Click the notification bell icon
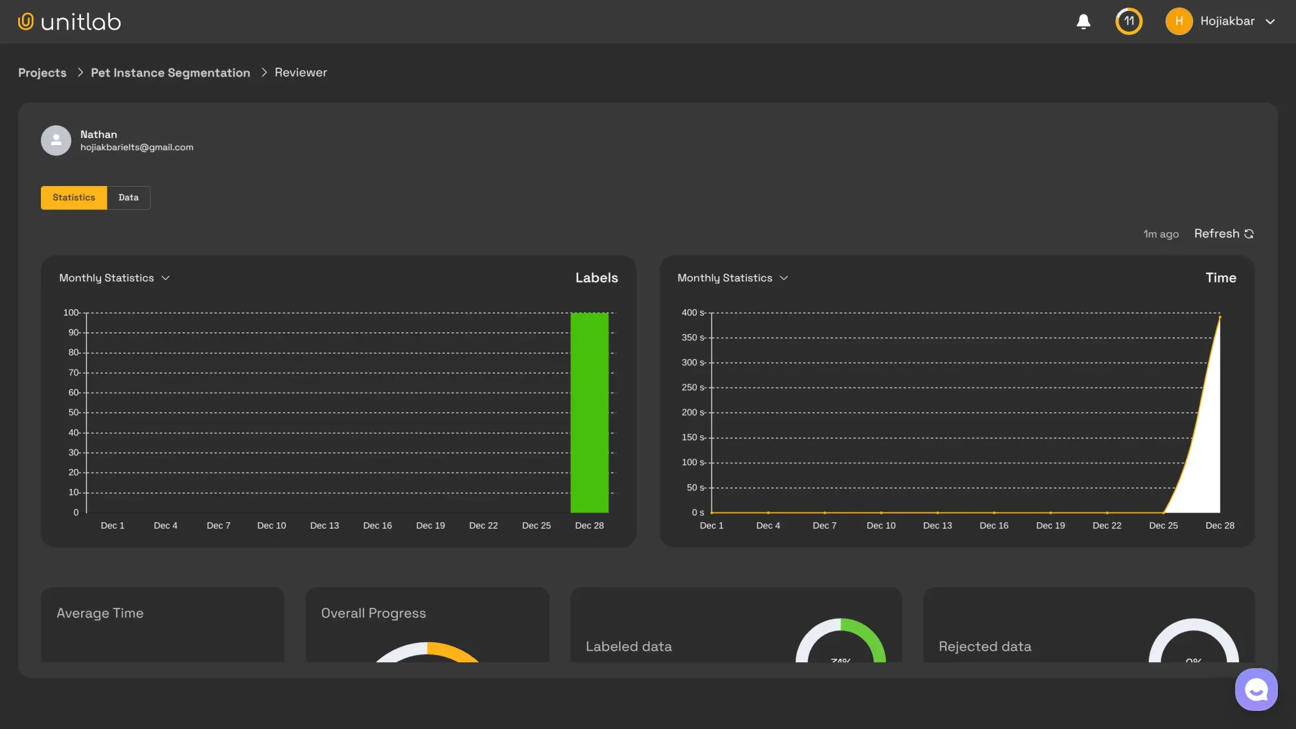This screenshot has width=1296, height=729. pyautogui.click(x=1083, y=21)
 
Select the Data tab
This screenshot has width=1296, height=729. pyautogui.click(x=128, y=198)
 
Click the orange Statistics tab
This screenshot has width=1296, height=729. pyautogui.click(x=74, y=198)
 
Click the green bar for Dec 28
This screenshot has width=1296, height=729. pyautogui.click(x=589, y=413)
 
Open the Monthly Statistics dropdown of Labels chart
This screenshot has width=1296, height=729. pyautogui.click(x=115, y=278)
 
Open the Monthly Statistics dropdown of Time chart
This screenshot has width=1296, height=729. pyautogui.click(x=733, y=278)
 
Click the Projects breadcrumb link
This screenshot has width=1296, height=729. pyautogui.click(x=42, y=73)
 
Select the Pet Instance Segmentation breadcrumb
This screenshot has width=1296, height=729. pyautogui.click(x=170, y=73)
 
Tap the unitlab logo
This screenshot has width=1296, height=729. pyautogui.click(x=69, y=22)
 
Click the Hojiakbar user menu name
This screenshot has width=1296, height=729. pyautogui.click(x=1227, y=21)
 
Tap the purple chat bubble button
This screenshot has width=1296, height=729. pyautogui.click(x=1256, y=689)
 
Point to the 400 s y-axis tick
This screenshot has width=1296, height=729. pyautogui.click(x=693, y=313)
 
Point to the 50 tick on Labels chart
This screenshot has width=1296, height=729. pyautogui.click(x=74, y=413)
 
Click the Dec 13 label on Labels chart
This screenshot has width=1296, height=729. pyautogui.click(x=325, y=526)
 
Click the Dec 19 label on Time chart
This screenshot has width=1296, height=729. pyautogui.click(x=1050, y=526)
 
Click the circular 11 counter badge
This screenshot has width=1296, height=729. pyautogui.click(x=1129, y=21)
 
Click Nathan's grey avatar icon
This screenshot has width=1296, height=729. pyautogui.click(x=56, y=140)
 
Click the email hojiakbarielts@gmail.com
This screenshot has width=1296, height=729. pyautogui.click(x=137, y=148)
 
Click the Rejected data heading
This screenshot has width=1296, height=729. pyautogui.click(x=985, y=647)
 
